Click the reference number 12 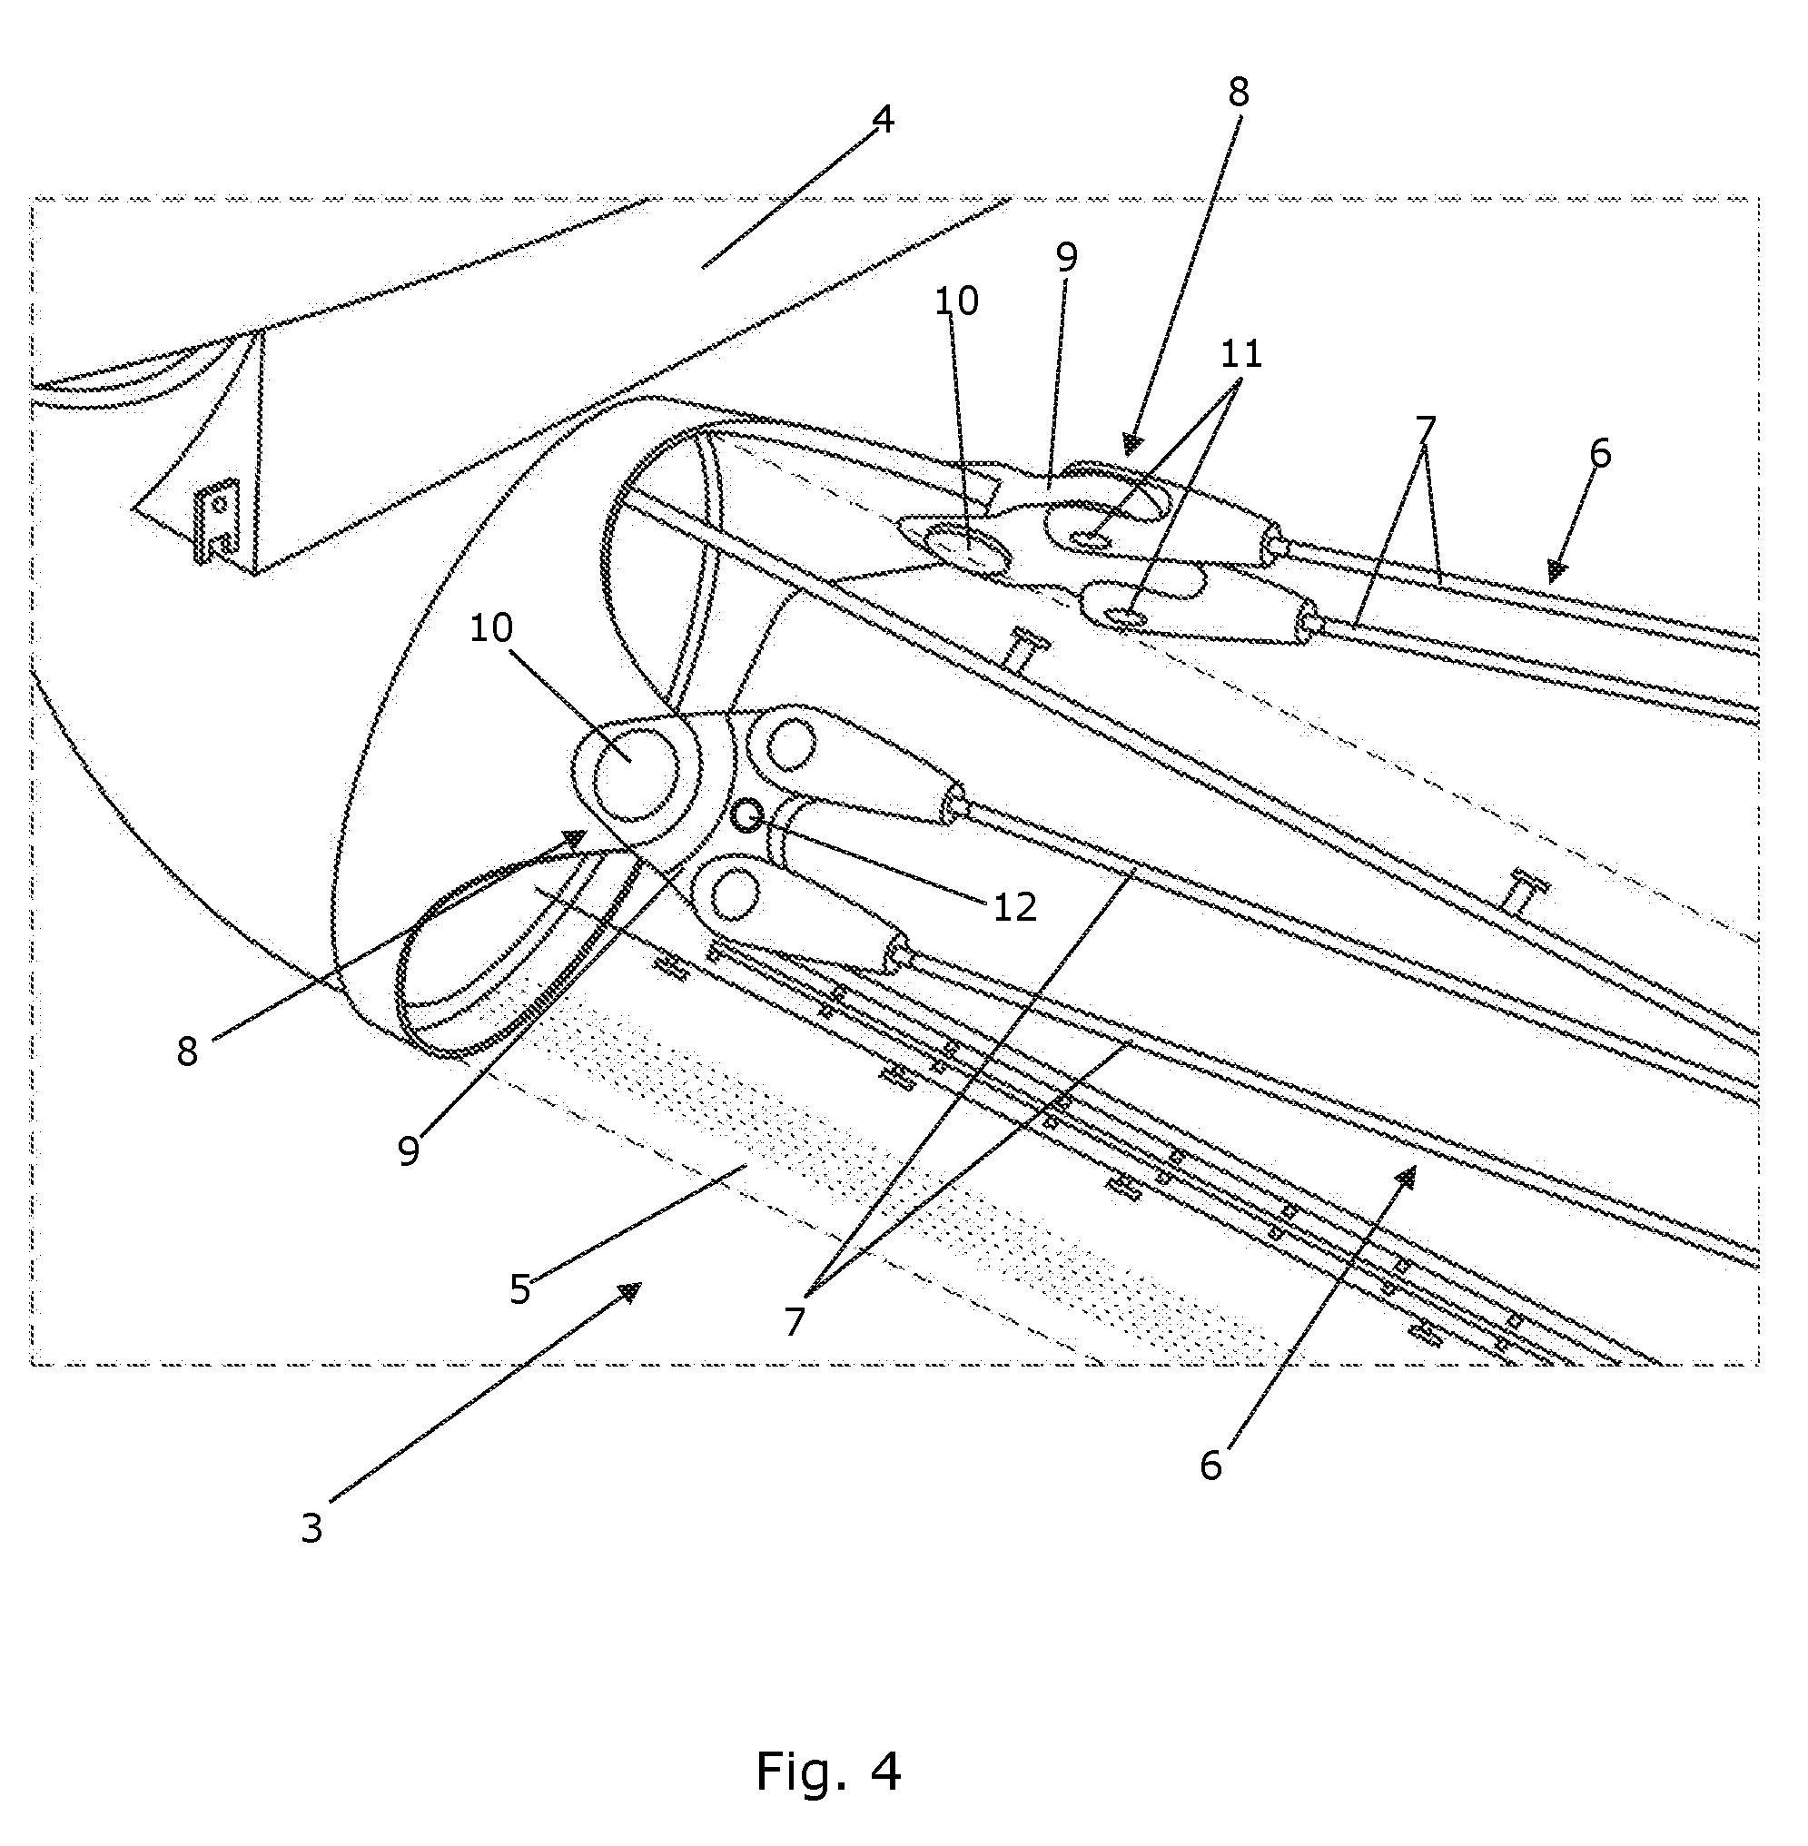pos(1014,908)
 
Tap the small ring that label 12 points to pos(748,814)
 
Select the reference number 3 pos(311,1528)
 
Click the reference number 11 pos(1241,354)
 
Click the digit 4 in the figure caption pos(885,1770)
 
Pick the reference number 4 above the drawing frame pos(883,120)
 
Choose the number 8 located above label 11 pos(1239,92)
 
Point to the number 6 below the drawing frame pos(1210,1466)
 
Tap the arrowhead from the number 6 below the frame pos(1406,1176)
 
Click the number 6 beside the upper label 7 pos(1600,454)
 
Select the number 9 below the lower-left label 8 pos(409,1150)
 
